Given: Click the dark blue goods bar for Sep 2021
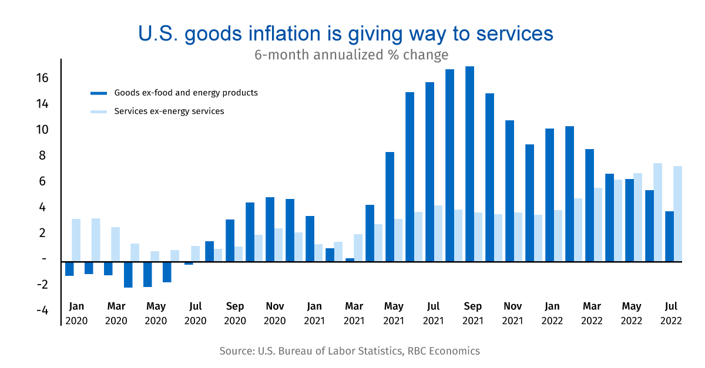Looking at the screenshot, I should [x=469, y=164].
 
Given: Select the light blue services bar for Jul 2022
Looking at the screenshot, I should [x=677, y=214].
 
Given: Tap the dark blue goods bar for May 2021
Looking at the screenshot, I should [x=390, y=207].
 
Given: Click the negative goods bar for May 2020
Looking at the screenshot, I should [x=147, y=274].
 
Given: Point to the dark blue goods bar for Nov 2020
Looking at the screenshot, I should [x=270, y=229].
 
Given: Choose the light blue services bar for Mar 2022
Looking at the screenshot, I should [x=597, y=225].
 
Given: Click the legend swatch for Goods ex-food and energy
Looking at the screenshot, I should [x=99, y=93].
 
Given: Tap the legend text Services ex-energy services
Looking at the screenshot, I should [x=169, y=111].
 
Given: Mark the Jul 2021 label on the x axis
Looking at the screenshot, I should [x=433, y=313].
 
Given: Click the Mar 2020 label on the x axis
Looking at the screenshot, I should [x=116, y=313].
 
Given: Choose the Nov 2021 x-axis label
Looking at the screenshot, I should [x=513, y=313].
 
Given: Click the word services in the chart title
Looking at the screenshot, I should [x=514, y=33].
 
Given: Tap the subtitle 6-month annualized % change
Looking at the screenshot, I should [x=351, y=55].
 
